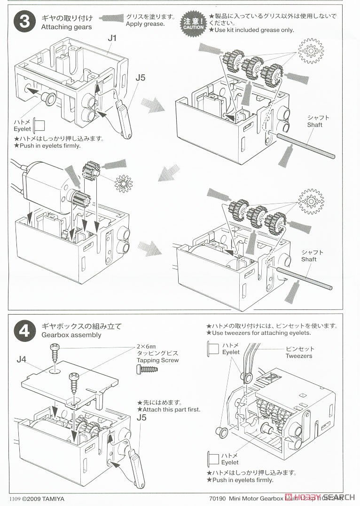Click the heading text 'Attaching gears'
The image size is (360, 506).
(66, 27)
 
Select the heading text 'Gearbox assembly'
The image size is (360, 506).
(71, 335)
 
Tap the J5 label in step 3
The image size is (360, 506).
(140, 78)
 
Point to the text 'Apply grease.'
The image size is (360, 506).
(145, 24)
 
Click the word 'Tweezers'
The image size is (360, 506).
(298, 356)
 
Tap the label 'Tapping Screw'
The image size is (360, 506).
(157, 360)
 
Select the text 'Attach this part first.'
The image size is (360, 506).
(169, 410)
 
